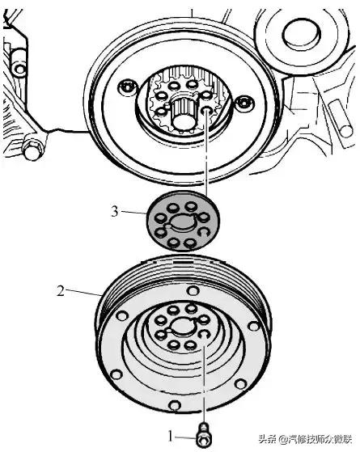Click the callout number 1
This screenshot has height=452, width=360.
click(171, 437)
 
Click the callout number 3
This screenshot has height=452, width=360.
click(115, 212)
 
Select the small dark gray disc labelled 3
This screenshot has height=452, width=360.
click(182, 222)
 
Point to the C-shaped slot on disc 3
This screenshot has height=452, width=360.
click(204, 232)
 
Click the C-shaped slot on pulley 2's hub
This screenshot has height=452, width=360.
click(204, 334)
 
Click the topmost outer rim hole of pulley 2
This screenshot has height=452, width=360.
click(193, 290)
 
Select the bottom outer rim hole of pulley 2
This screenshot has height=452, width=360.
click(175, 405)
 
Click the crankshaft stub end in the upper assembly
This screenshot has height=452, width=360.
click(183, 119)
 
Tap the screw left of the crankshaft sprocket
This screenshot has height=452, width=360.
click(127, 87)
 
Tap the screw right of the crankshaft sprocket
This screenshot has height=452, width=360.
click(244, 103)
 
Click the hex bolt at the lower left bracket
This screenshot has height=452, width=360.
click(33, 150)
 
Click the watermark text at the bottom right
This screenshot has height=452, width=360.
click(305, 439)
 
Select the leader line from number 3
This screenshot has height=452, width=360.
click(133, 213)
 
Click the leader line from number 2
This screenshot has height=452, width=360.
click(83, 292)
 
